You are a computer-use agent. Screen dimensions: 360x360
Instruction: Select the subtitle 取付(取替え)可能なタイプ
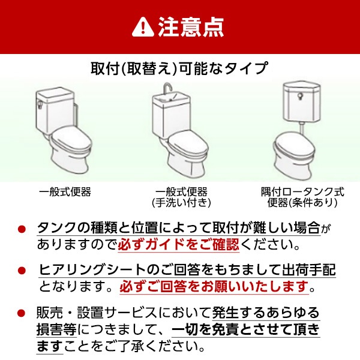pos(179,68)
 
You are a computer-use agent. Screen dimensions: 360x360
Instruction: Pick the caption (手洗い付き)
pos(181,203)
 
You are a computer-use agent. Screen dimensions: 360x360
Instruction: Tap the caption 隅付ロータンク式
pos(302,192)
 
